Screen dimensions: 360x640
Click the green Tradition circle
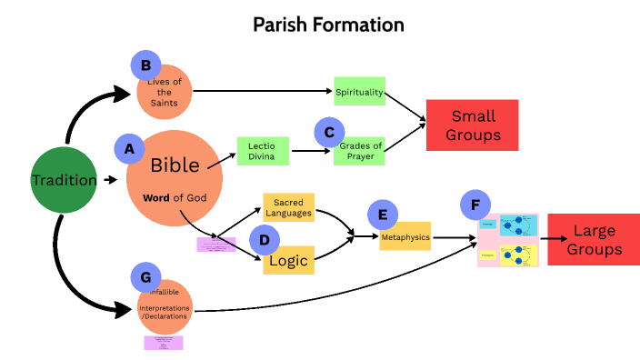click(x=64, y=180)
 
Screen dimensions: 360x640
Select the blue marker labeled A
click(x=129, y=148)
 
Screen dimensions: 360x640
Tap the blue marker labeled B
click(x=146, y=65)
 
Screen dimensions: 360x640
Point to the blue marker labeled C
click(x=330, y=133)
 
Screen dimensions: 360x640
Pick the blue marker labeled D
click(x=264, y=240)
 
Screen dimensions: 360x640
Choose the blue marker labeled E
click(x=383, y=215)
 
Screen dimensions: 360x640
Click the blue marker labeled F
click(x=476, y=205)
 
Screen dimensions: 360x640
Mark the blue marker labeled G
click(x=146, y=276)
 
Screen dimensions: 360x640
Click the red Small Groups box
click(x=472, y=125)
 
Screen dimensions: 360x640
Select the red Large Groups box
click(x=594, y=240)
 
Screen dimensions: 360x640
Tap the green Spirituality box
click(x=359, y=93)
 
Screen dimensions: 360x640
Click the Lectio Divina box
click(x=263, y=150)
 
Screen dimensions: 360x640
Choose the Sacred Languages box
click(x=288, y=206)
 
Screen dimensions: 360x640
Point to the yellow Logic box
click(x=292, y=261)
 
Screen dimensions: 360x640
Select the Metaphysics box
click(x=405, y=236)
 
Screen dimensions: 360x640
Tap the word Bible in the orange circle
click(x=175, y=165)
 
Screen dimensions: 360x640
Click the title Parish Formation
click(x=328, y=24)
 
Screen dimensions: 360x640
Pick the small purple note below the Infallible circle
click(x=164, y=343)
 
